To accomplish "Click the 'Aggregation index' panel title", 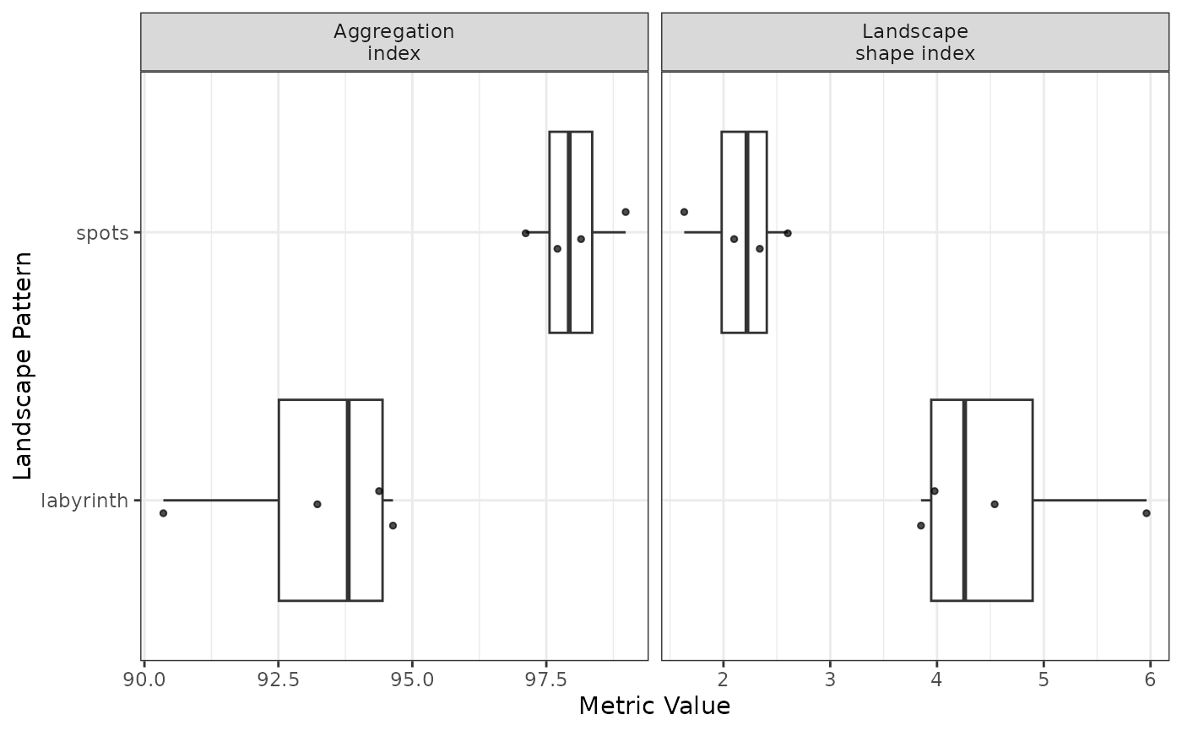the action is tap(393, 42).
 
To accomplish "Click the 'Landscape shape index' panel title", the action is tap(915, 42).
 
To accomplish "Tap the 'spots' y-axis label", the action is tap(102, 233).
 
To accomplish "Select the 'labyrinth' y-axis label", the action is tap(84, 501).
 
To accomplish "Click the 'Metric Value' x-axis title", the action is tap(654, 706).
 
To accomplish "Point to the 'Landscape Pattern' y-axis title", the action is tap(23, 366).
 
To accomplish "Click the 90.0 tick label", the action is tap(144, 680).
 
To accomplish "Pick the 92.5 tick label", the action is tap(278, 680).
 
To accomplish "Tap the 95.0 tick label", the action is tap(412, 680).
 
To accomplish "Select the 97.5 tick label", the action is tap(546, 680).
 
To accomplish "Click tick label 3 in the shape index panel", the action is tap(830, 680).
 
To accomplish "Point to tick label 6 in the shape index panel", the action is tap(1150, 680).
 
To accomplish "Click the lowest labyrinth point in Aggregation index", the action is tap(163, 513).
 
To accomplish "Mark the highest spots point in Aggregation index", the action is tap(626, 212).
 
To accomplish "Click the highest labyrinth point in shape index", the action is tap(1147, 513).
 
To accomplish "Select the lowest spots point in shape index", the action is tap(684, 212).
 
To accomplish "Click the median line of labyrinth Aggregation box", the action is tap(348, 500).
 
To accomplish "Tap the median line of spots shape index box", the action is tap(746, 232).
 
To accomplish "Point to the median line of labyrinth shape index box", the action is tap(964, 500).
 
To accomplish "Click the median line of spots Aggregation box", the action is tap(569, 232).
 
